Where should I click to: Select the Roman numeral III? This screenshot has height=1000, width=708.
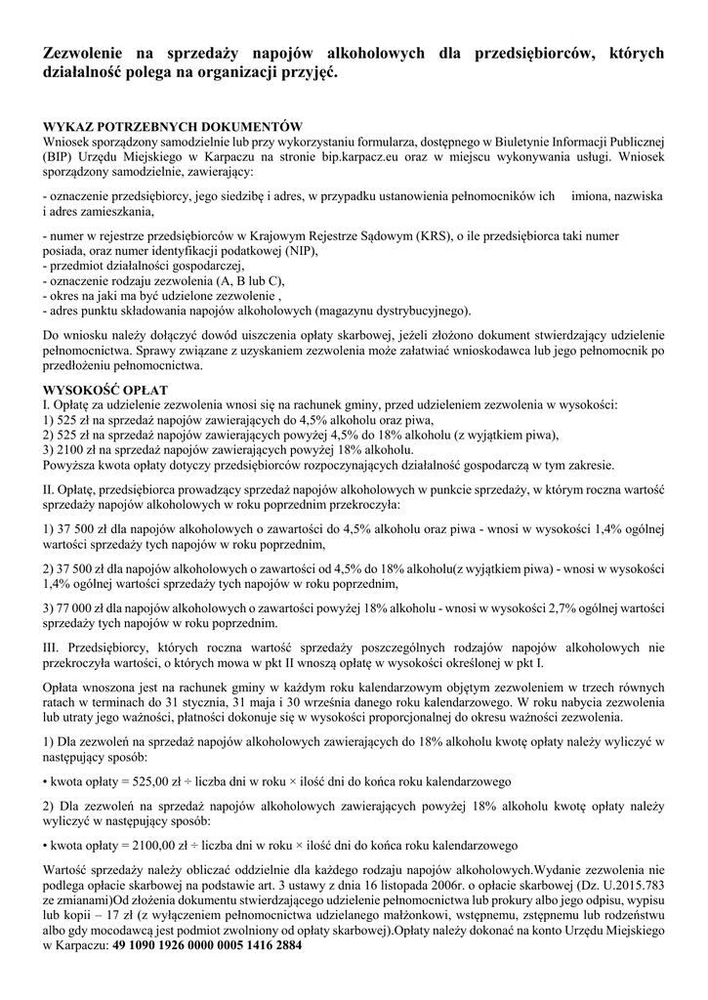point(56,646)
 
